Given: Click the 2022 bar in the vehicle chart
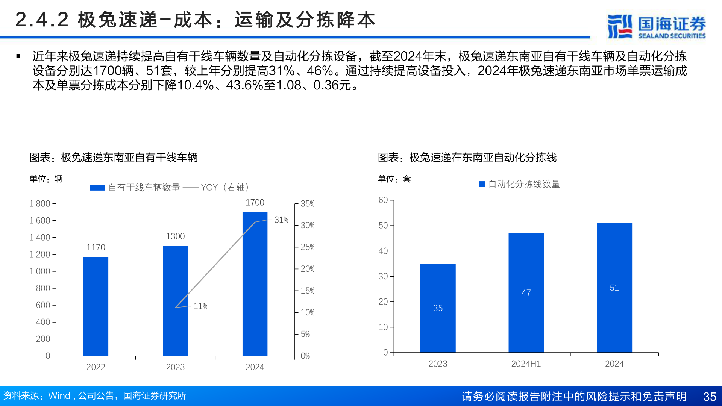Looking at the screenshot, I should [x=96, y=306].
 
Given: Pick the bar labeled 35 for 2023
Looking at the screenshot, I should [x=438, y=308].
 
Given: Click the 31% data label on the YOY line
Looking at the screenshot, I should [x=281, y=220].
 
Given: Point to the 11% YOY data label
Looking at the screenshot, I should [x=200, y=306].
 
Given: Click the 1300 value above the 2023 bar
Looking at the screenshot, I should [x=175, y=236].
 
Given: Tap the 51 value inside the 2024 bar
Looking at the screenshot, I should [x=614, y=288].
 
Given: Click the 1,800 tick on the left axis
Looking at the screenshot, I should [x=39, y=204].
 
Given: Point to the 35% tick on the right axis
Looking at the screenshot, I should [x=307, y=204].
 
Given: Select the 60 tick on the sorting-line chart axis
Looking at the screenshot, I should [x=383, y=200].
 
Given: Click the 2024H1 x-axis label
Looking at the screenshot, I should [x=526, y=364].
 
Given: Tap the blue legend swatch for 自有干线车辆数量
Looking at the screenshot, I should [x=97, y=188].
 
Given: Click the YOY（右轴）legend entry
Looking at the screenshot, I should [x=224, y=188].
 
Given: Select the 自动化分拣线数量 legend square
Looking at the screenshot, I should [x=482, y=184].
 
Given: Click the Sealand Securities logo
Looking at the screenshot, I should [x=656, y=26].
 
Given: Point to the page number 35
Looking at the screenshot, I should [x=710, y=397].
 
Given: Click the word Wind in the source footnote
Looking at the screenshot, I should [x=59, y=396].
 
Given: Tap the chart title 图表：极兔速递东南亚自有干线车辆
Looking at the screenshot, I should [x=114, y=158].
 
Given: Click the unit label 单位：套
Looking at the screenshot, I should [x=394, y=179].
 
